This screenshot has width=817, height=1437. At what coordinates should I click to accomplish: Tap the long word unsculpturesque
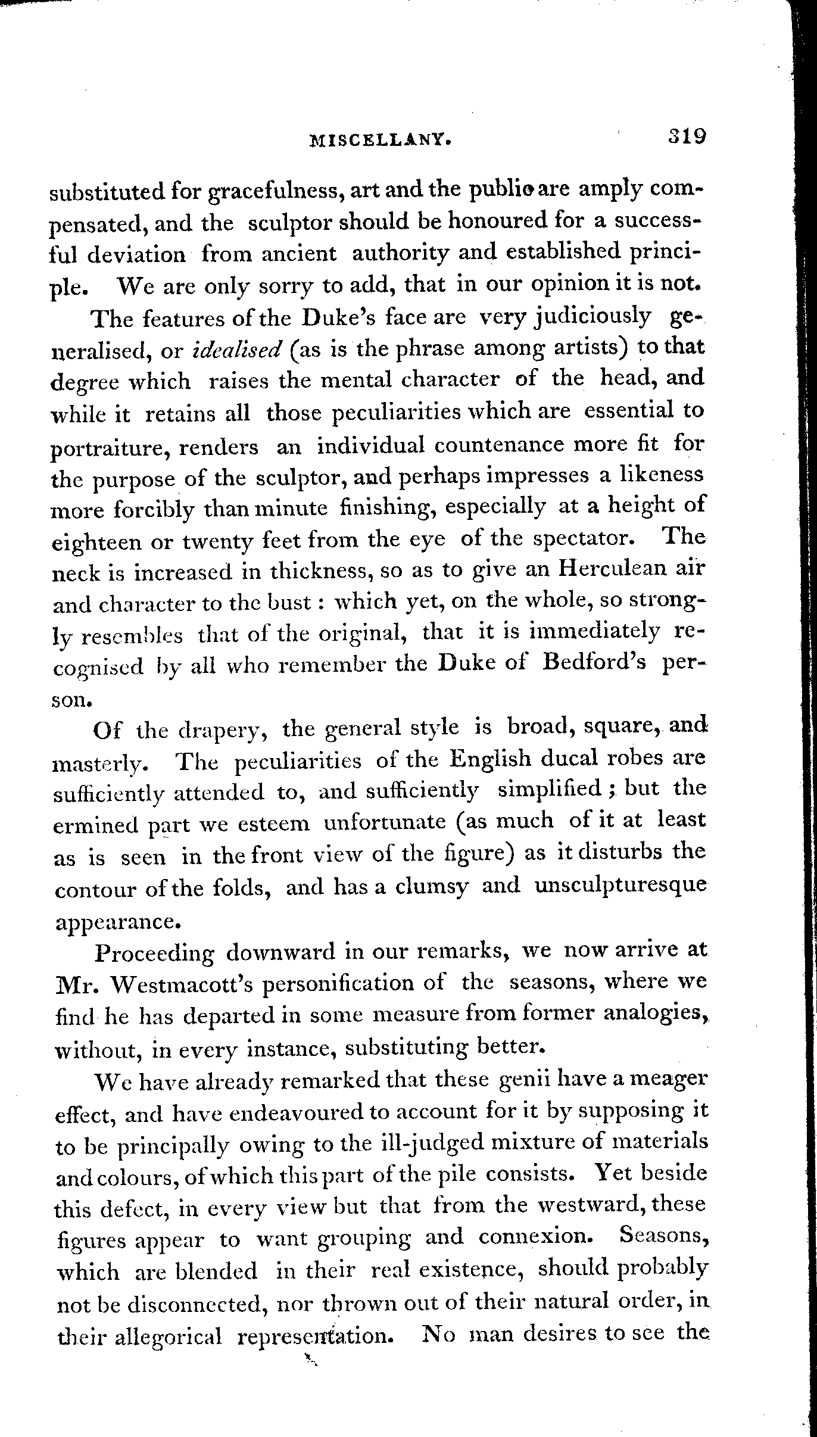[621, 887]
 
